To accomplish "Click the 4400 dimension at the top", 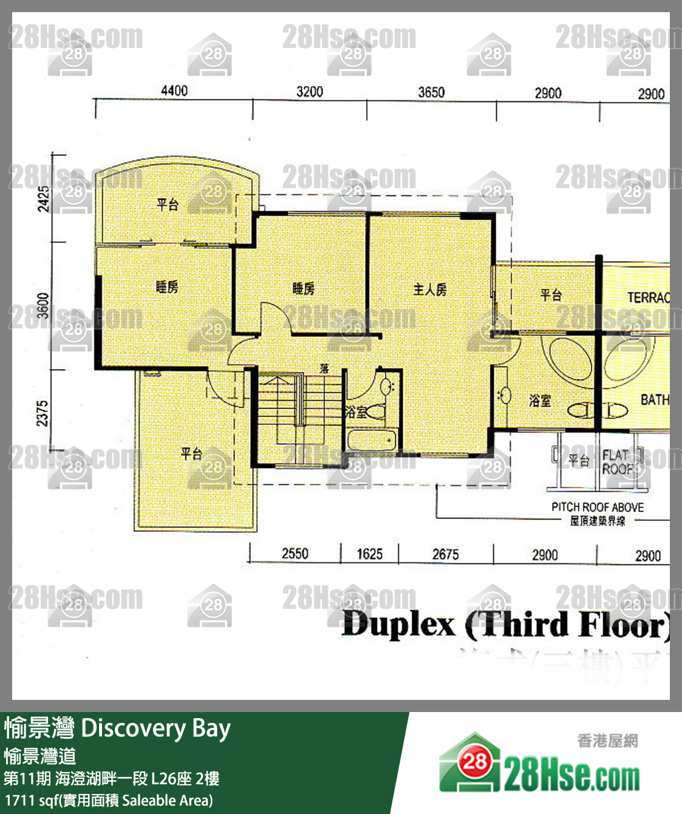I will point(174,90).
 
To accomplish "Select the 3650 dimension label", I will point(431,92).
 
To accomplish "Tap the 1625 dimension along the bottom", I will point(369,554).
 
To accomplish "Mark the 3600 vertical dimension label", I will point(43,305).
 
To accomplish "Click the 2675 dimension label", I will point(445,554).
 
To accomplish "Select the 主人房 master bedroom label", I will point(430,290).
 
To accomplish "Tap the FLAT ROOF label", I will point(616,462).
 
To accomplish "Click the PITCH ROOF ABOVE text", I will point(597,507).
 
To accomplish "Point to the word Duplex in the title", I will point(398,625).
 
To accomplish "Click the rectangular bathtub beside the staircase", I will point(372,439).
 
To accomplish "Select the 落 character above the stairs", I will point(324,368).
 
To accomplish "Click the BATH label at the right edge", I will point(655,400).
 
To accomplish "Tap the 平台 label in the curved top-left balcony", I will point(168,205).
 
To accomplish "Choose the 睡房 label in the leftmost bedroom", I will point(167,287).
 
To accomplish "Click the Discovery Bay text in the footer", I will point(155,728).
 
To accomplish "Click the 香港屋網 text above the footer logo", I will point(607,740).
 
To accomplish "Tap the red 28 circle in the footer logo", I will point(475,761).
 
